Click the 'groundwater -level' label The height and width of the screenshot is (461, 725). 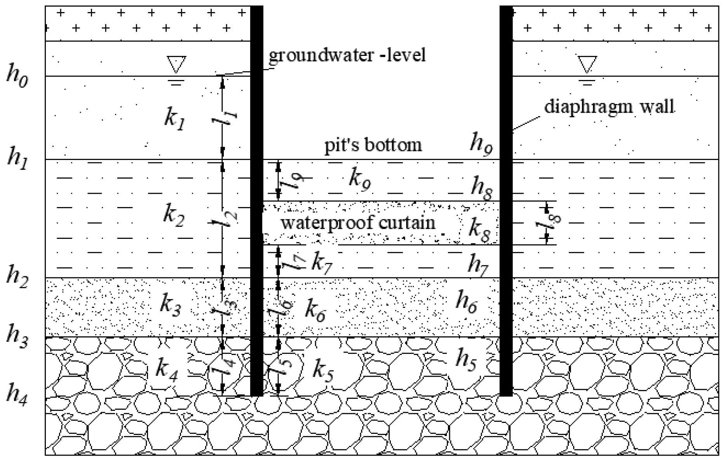click(347, 55)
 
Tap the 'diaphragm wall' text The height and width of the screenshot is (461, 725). click(609, 106)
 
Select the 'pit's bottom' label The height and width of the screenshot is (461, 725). click(373, 145)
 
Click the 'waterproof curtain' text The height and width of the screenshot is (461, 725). click(358, 223)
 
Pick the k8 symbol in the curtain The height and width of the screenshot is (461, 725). click(479, 230)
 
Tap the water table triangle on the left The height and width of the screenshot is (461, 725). click(176, 64)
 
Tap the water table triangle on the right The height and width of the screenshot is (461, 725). click(587, 64)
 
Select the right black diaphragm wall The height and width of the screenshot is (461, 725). click(506, 233)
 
